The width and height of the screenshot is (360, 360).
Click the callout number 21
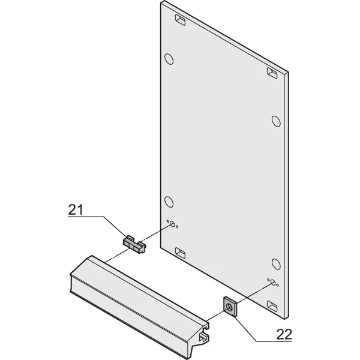coord(76,209)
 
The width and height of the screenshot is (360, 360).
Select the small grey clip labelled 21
coord(134,244)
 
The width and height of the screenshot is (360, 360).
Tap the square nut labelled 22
coord(230,307)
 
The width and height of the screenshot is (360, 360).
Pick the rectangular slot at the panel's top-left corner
coord(180,20)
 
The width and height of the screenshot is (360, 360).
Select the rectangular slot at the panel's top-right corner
coord(272,73)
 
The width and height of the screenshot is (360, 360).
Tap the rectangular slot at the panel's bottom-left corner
coord(180,253)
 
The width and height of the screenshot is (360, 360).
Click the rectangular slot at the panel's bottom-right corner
coord(272,306)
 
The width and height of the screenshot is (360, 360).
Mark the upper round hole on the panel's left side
coord(169,59)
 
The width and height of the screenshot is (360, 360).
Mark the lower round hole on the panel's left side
coord(169,202)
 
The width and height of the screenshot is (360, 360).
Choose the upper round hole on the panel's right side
coord(276,121)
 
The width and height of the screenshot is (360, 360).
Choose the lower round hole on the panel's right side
coord(276,264)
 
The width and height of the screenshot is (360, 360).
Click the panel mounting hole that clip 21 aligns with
coord(172,224)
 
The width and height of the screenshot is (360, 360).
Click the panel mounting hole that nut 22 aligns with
coord(273,283)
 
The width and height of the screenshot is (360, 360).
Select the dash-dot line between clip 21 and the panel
coord(157,232)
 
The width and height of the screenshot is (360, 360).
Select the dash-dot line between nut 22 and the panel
coord(254,293)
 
